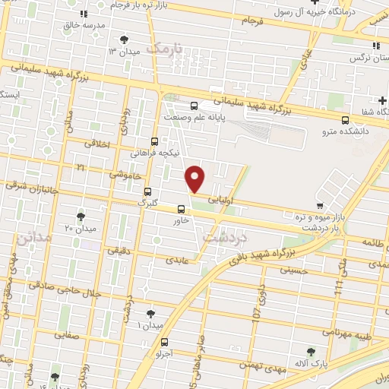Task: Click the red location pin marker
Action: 196,179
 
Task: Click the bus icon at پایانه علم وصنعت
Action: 194,106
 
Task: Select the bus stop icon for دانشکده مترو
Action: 346,119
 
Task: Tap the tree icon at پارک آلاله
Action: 310,351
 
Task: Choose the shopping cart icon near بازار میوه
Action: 321,205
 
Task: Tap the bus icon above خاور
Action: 181,209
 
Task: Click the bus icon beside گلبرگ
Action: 147,191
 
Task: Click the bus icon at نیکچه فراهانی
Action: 155,141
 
